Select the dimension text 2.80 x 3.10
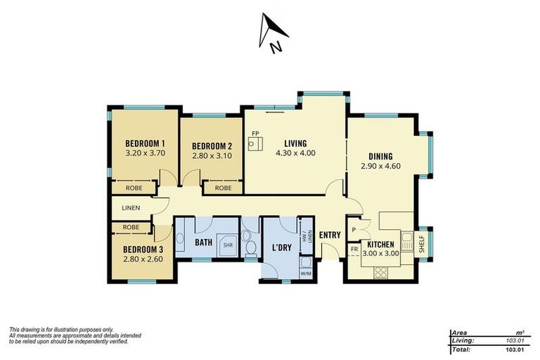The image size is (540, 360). (x=212, y=157)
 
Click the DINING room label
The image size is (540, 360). (x=380, y=156)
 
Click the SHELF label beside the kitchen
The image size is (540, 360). (x=421, y=243)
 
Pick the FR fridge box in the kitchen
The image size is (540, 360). (x=354, y=250)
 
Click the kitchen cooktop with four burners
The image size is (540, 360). (x=384, y=271)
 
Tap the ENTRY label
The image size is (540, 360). (x=330, y=235)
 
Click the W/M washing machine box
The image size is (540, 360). (x=306, y=273)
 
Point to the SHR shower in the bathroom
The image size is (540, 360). (x=228, y=245)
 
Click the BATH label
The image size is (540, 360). (x=204, y=243)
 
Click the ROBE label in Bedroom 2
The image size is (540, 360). (x=223, y=188)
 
